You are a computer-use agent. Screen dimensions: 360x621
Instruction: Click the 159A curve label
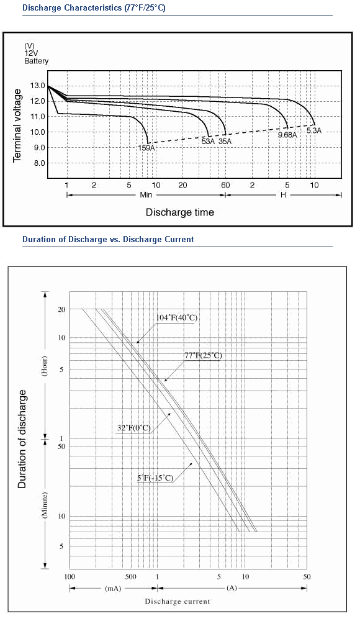146,148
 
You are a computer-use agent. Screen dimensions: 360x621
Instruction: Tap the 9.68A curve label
287,135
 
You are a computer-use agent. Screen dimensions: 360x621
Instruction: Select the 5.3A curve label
314,130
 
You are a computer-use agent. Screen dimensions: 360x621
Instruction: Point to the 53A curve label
209,142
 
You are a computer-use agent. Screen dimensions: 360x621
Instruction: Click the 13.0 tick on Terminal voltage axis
37,86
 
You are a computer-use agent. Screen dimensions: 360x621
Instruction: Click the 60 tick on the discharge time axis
225,185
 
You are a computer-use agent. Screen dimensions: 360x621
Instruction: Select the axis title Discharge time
180,212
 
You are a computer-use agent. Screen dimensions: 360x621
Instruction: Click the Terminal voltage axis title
17,125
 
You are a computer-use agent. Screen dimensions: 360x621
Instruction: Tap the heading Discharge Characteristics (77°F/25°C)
94,8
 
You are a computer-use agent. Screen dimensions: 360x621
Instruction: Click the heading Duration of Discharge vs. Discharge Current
108,239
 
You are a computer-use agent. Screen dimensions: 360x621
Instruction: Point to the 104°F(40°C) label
177,317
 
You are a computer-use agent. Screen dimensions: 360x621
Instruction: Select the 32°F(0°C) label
134,428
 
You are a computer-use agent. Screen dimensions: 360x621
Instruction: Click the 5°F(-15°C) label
155,478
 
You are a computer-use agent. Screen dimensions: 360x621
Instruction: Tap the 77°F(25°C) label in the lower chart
203,356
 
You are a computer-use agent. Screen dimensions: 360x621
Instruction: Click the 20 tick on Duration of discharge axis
61,309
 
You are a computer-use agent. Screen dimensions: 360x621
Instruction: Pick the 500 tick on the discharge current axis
131,577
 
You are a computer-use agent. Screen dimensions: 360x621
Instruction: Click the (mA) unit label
113,588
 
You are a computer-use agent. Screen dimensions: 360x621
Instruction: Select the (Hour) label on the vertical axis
45,366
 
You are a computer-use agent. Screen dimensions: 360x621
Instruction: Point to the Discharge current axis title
178,602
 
